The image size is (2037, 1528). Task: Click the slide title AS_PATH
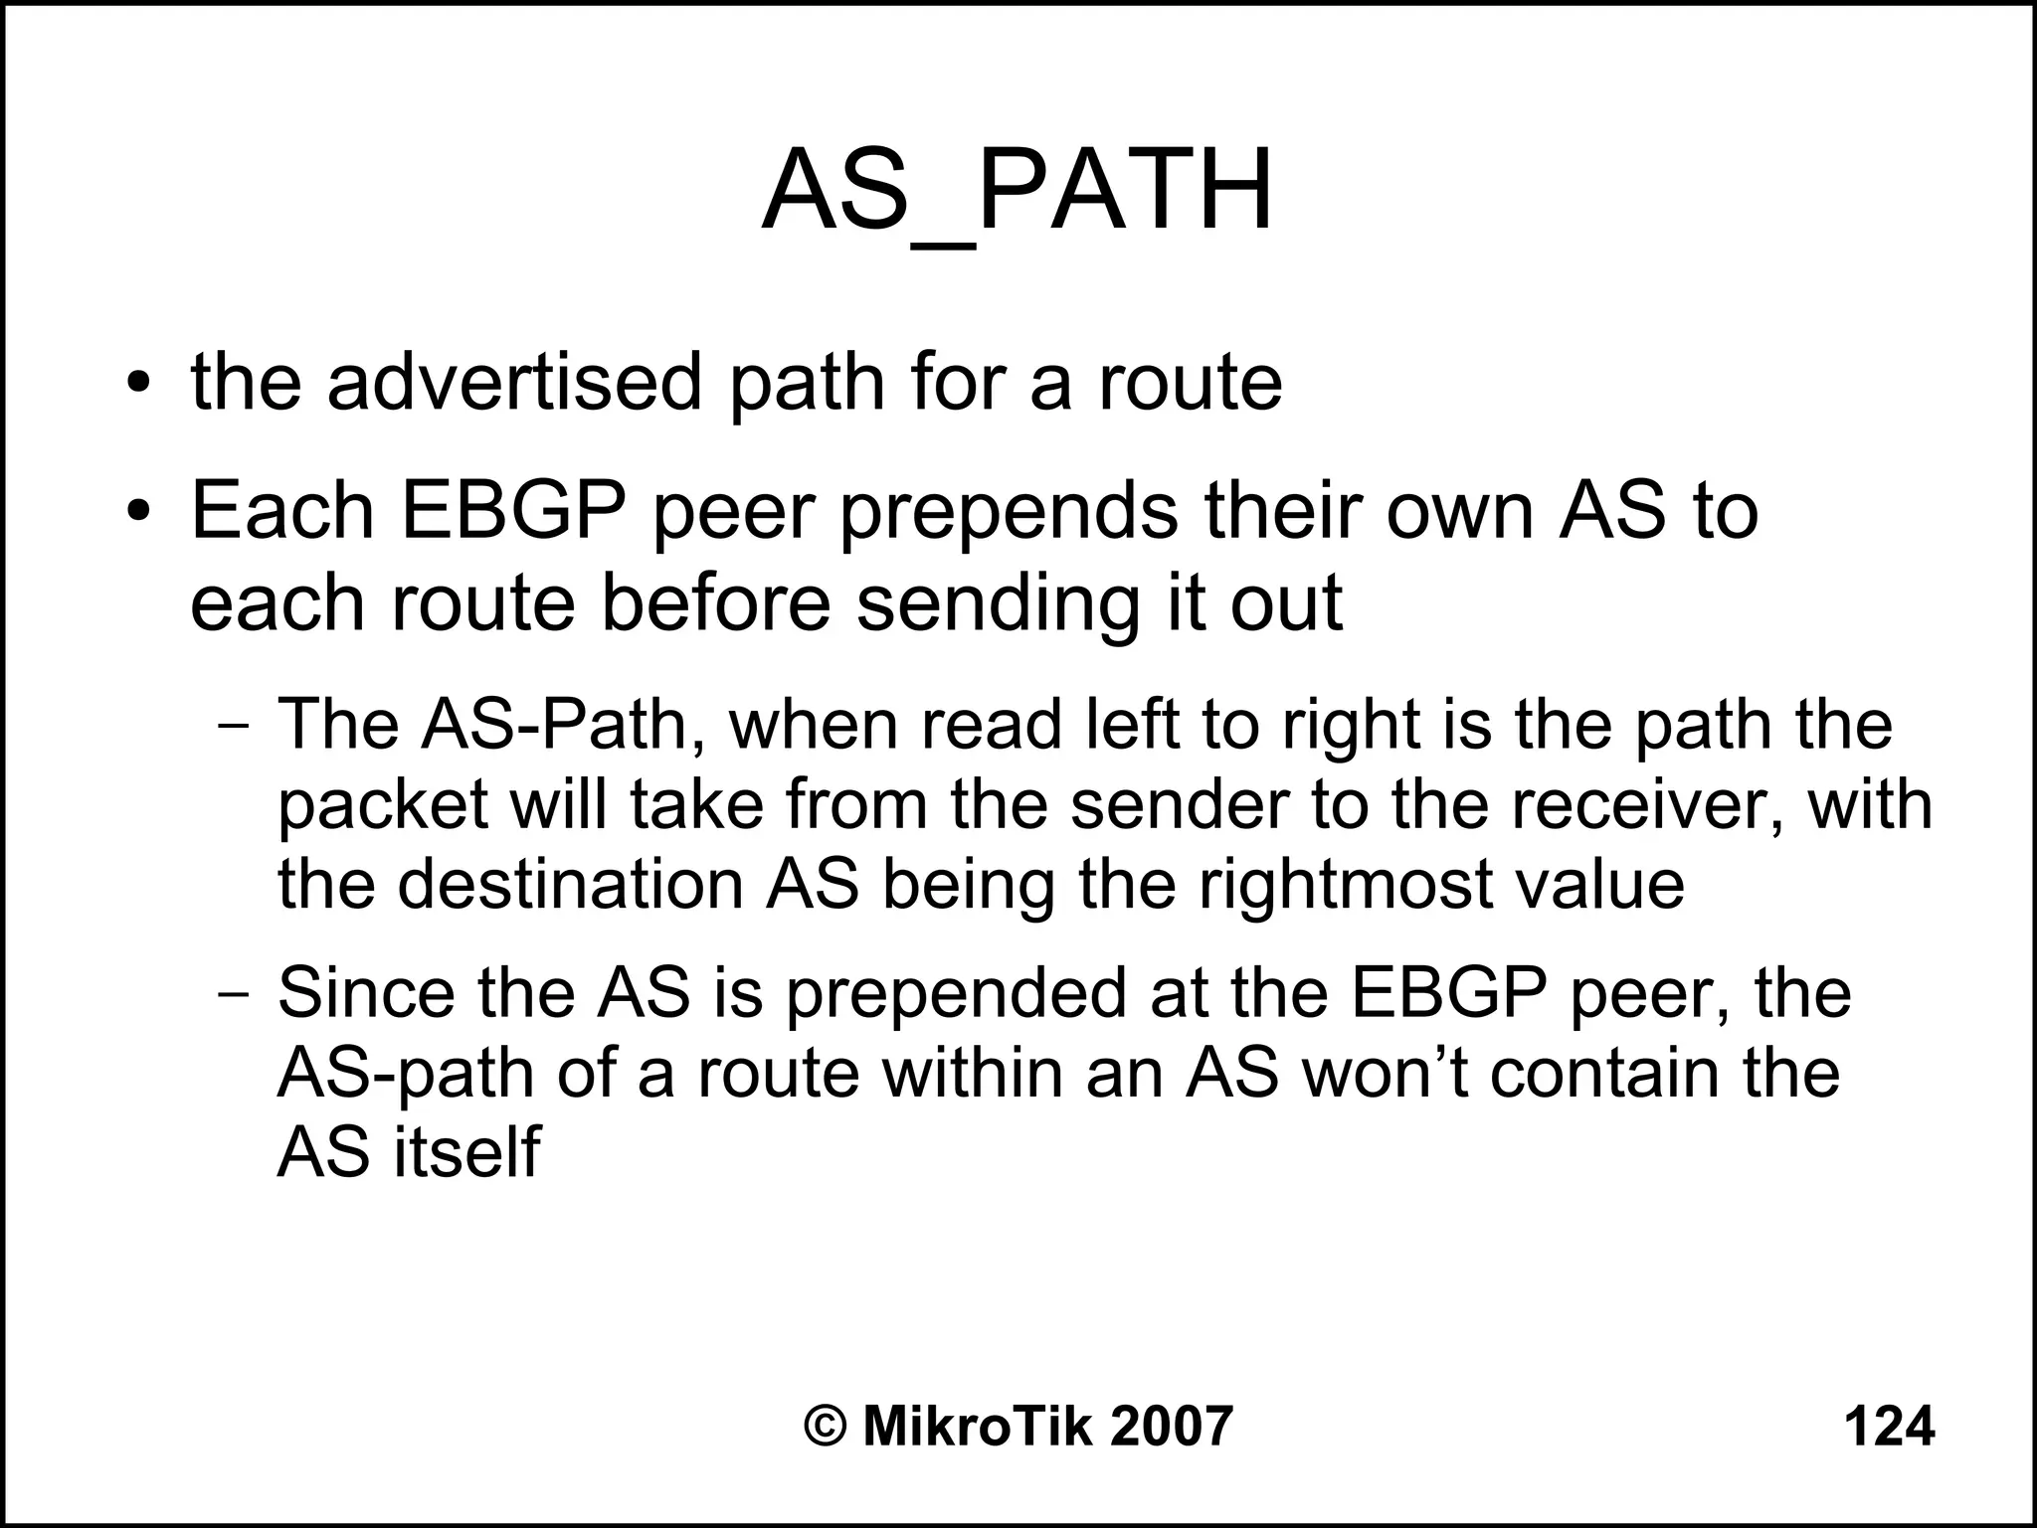[1017, 191]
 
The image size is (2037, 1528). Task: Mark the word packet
[382, 807]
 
